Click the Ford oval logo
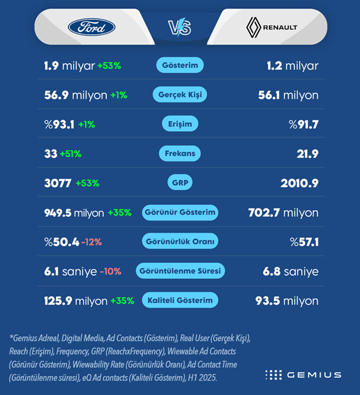(91, 27)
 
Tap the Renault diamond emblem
(255, 27)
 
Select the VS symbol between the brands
(179, 27)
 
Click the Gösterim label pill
(180, 65)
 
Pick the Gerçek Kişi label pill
(179, 95)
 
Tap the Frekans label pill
(180, 154)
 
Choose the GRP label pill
(179, 183)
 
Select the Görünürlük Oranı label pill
(180, 241)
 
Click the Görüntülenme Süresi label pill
(180, 271)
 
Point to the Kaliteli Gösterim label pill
(180, 300)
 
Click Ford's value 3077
(57, 183)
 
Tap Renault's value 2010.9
(299, 183)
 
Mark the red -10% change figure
(110, 271)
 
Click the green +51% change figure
(70, 154)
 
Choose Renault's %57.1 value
(304, 242)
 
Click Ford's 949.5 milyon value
(74, 213)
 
